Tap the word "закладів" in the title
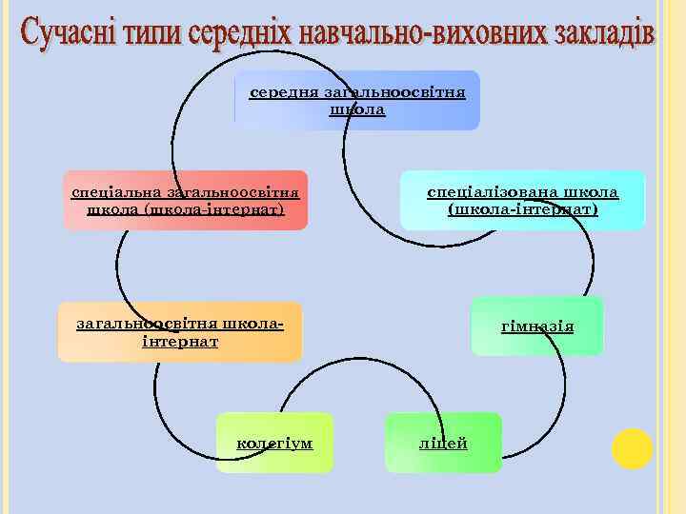[x=599, y=35]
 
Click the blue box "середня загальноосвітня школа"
[x=357, y=101]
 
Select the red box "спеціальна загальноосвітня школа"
[x=186, y=201]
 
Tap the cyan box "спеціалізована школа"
[x=522, y=201]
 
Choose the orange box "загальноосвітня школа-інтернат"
[x=180, y=332]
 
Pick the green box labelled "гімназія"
[x=537, y=326]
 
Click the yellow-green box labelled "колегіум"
[x=274, y=444]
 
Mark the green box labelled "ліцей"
[x=443, y=444]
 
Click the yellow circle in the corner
[x=632, y=448]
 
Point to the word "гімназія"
[x=537, y=326]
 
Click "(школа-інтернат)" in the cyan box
[x=523, y=208]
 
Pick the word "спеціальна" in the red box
[x=111, y=192]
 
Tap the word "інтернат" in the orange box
[x=180, y=341]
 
